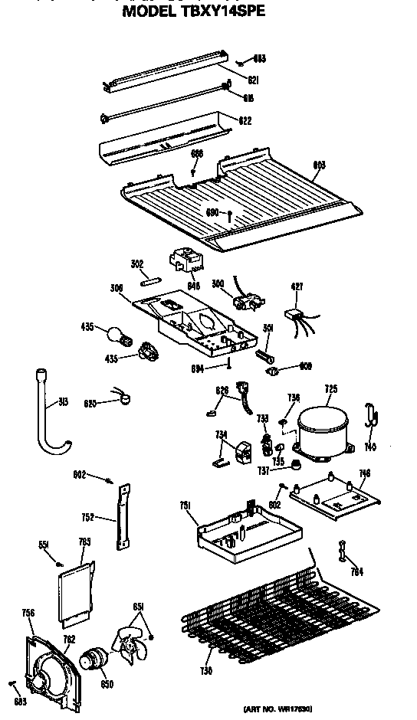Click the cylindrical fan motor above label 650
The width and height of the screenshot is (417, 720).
(94, 658)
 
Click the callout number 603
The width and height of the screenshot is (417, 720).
(320, 162)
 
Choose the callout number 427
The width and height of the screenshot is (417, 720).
(297, 286)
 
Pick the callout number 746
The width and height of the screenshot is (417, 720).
(363, 474)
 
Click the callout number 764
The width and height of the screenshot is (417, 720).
(356, 571)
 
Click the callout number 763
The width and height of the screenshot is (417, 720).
(84, 542)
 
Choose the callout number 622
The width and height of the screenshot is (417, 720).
(245, 121)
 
